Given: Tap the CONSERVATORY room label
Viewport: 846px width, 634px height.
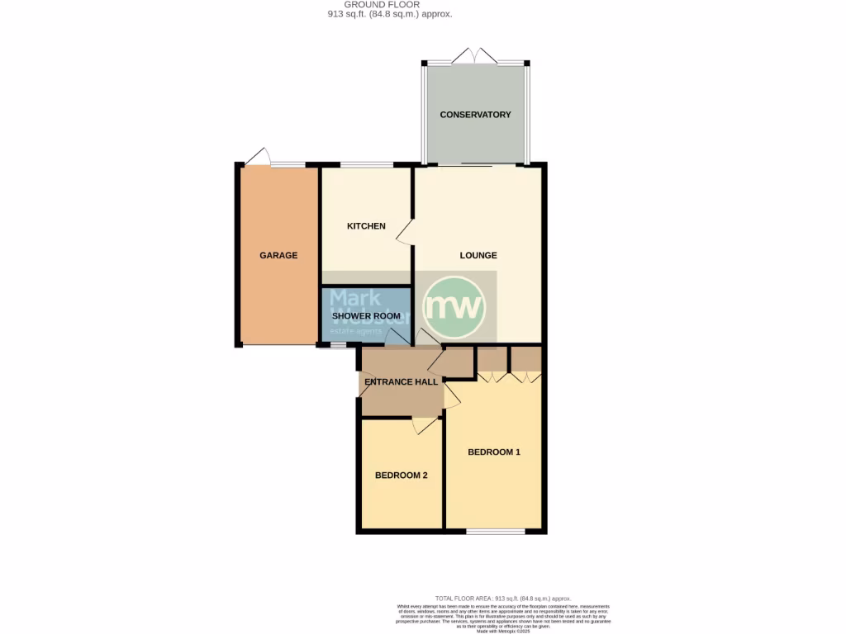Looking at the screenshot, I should click(x=475, y=115).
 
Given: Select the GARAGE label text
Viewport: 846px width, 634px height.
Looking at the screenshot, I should click(x=278, y=256).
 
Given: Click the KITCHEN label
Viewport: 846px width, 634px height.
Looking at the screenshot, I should click(x=366, y=226).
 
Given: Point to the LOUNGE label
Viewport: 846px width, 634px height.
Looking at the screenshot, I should click(x=478, y=256).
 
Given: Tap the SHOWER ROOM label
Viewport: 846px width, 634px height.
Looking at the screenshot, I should click(x=366, y=316).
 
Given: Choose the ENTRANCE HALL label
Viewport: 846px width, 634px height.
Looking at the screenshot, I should click(x=401, y=382).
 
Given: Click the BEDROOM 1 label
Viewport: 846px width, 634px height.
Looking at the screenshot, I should click(x=494, y=452).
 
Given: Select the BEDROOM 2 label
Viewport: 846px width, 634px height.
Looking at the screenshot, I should click(x=401, y=475).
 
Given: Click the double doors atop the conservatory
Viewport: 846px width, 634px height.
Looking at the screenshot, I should click(x=476, y=57).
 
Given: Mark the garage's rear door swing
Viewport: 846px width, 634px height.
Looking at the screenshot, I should click(x=259, y=157).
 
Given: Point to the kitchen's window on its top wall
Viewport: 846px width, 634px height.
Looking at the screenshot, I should click(x=367, y=165).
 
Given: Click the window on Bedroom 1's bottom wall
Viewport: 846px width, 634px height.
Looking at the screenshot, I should click(x=495, y=532).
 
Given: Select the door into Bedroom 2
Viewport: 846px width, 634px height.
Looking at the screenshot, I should click(x=425, y=425).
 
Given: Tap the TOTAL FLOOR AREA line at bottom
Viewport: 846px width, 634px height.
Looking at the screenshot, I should click(x=502, y=599).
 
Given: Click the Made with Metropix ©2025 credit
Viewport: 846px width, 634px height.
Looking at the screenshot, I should click(x=502, y=631).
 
